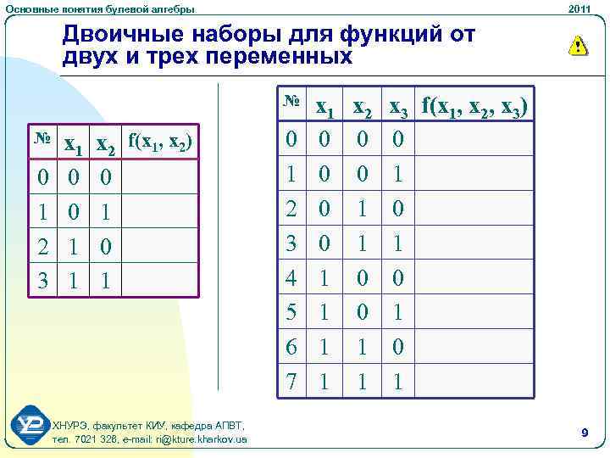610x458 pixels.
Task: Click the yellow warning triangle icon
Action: click(577, 46)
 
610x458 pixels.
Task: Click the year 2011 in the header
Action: click(580, 8)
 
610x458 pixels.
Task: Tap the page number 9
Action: click(585, 433)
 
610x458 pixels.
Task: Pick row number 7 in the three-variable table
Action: click(291, 380)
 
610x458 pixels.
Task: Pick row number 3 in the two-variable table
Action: click(42, 280)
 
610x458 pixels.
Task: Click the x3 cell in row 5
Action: click(396, 312)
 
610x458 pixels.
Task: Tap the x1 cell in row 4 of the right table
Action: click(322, 277)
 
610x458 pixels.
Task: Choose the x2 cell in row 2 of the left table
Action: click(105, 246)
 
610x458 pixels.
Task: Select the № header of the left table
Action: click(40, 138)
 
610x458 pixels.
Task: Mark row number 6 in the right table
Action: click(291, 346)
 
